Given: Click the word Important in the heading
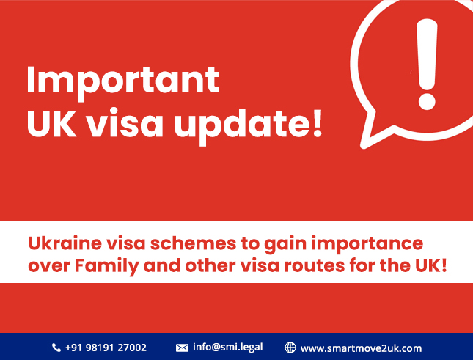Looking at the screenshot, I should [122, 80].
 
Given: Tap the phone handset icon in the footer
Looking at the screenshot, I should [56, 348].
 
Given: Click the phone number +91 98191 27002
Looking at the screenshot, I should [107, 348].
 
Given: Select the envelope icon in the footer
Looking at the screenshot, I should [182, 348].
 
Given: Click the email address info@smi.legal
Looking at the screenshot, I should [227, 348].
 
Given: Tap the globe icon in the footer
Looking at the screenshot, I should [290, 348].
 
